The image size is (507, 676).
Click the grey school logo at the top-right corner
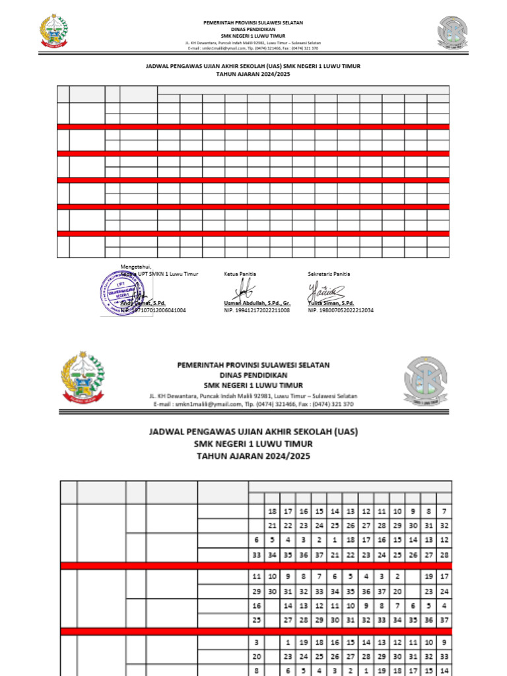click(453, 32)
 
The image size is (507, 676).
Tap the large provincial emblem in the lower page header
click(83, 377)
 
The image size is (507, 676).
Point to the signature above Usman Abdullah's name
click(245, 288)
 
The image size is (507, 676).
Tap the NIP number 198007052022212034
click(341, 310)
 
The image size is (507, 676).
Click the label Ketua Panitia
click(240, 273)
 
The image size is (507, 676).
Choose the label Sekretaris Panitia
click(329, 273)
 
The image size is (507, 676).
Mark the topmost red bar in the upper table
click(253, 127)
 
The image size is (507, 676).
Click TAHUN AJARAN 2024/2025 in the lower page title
click(253, 456)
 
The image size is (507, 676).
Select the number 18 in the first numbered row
click(271, 512)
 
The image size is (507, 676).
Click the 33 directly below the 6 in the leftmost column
click(257, 555)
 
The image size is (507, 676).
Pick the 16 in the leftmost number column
click(257, 604)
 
